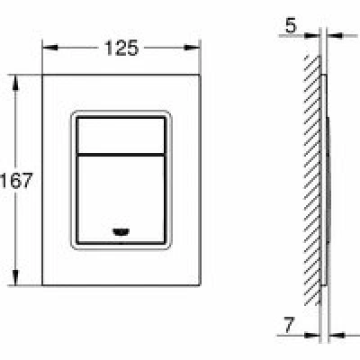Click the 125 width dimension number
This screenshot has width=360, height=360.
tap(121, 48)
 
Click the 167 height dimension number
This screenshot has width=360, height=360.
tap(16, 180)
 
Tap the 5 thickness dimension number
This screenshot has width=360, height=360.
tap(291, 25)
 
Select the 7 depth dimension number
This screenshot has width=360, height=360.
tap(288, 325)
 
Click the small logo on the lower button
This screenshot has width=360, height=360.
tap(121, 231)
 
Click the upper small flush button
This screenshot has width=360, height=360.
tap(121, 136)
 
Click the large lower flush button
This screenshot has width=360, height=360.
tap(121, 199)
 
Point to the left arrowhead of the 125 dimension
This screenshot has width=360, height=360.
tap(49, 48)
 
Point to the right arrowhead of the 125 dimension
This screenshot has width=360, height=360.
tap(193, 48)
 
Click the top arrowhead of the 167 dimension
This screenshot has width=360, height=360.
tap(15, 83)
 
